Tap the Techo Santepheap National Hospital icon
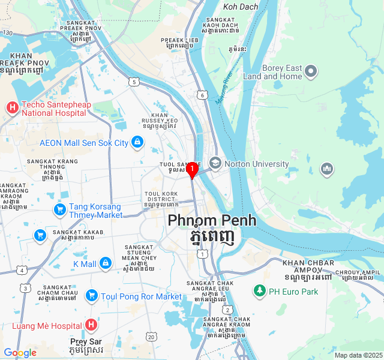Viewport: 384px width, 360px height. pos(12,108)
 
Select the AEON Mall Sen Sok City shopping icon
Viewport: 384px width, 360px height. pos(137,142)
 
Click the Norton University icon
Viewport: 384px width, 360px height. pos(215,163)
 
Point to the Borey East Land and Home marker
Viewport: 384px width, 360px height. pos(311,72)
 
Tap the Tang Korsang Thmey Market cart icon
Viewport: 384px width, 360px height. pos(59,210)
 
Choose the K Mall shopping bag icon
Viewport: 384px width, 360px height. pos(106,263)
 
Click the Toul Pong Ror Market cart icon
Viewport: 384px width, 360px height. pos(91,296)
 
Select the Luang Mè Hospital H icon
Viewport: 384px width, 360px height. pos(91,326)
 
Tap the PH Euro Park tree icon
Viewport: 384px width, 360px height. pos(259,291)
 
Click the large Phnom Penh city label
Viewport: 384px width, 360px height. pos(212,220)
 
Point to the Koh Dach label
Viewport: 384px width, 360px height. pos(241,7)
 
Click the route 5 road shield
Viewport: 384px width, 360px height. pos(133,81)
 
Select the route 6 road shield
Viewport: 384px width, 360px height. pos(203,95)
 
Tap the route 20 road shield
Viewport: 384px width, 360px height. pos(151,337)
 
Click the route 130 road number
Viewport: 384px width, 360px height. pos(7,32)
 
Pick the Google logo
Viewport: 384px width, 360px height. pos(20,353)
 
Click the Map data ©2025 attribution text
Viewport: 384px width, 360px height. pos(358,355)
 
